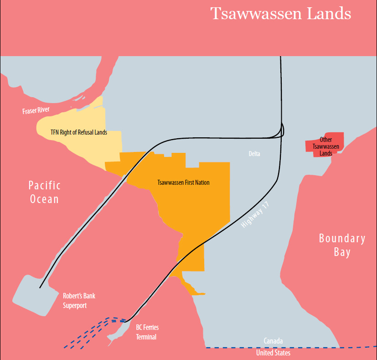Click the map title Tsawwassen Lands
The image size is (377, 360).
pos(280,14)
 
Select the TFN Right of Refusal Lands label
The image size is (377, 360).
pos(78,133)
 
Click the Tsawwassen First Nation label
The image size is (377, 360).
pos(183,183)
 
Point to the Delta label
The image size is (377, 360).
pos(254,154)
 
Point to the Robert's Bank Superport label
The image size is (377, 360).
pos(79,301)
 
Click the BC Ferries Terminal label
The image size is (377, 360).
pos(147,332)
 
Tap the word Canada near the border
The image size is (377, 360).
pos(273,341)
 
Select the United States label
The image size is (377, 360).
pos(273,353)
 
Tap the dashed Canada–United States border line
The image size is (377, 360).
pos(319,348)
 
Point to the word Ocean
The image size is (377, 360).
pos(44,199)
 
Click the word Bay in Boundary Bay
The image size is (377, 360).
pos(342,252)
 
